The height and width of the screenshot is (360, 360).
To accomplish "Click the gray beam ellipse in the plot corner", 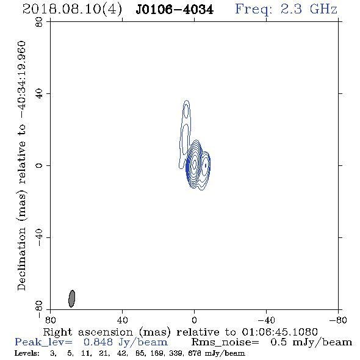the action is tap(72, 298).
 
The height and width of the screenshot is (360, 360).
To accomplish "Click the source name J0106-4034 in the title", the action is tap(175, 10).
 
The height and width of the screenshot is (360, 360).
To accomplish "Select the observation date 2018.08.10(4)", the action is tap(72, 10).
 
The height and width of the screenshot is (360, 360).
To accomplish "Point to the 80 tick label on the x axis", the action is tap(50, 320).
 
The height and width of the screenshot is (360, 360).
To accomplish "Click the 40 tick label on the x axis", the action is tap(122, 320).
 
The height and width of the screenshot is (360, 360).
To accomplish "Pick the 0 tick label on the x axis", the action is tap(194, 320).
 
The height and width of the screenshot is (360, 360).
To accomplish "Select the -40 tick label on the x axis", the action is tap(266, 320).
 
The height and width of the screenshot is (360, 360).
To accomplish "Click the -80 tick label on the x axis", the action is tap(338, 320).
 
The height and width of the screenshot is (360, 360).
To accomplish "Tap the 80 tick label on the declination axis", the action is tap(39, 22).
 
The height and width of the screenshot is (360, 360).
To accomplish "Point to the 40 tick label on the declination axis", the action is tap(39, 94).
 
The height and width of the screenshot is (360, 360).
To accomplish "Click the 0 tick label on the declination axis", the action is tap(39, 165).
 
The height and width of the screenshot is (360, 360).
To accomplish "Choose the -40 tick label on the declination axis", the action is tap(39, 237).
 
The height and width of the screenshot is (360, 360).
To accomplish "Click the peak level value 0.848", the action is tap(98, 342).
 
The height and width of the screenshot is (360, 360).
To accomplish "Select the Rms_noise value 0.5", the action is tap(278, 342).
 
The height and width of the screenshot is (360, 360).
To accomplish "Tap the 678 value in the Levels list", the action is tap(194, 353).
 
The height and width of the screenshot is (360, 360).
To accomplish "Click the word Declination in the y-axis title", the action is tap(21, 259).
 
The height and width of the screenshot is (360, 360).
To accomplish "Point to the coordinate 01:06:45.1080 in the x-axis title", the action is tap(279, 332).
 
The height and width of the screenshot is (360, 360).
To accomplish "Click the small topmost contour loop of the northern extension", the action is tap(187, 110).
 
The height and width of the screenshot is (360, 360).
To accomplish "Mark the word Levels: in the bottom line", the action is tap(27, 353).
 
